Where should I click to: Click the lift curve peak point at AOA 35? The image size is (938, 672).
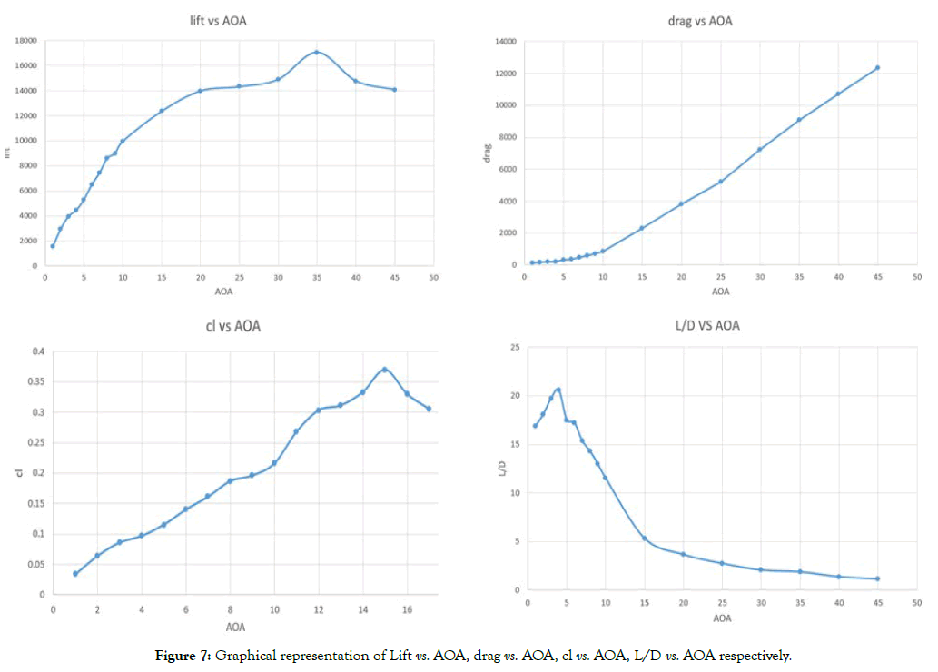pos(316,52)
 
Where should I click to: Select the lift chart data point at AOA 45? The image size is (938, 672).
pos(394,89)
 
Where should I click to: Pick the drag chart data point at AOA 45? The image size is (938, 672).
pos(877,67)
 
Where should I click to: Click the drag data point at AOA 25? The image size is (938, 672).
pos(720,182)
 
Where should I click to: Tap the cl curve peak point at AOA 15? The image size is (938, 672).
pos(385,370)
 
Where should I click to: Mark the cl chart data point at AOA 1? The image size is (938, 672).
pos(75,573)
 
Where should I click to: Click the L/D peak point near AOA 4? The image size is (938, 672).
pos(558,390)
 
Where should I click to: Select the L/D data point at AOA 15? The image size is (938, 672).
pos(644,539)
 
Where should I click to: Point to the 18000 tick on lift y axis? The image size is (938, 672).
pos(24,41)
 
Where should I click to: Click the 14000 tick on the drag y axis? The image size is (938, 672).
pos(506,42)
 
